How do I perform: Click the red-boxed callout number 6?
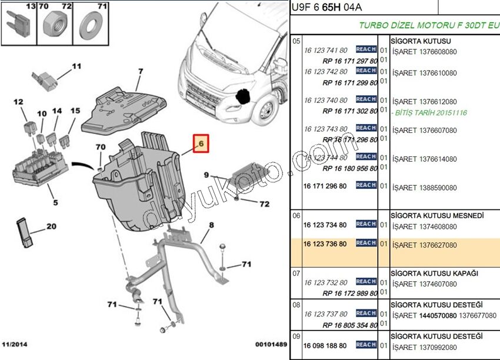(x=200, y=143)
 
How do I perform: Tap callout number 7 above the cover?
(x=141, y=72)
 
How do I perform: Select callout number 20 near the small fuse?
(x=51, y=226)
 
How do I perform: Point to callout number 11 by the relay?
(x=76, y=66)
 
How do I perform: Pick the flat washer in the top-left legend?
(x=91, y=25)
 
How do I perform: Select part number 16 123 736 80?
(x=325, y=243)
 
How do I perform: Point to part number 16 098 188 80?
(x=325, y=345)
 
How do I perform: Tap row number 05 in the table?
(x=296, y=42)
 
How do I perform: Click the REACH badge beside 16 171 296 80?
(x=366, y=185)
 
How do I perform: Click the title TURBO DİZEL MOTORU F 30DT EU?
(x=429, y=26)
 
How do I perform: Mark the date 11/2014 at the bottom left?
(x=15, y=344)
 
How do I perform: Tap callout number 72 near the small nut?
(x=264, y=204)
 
